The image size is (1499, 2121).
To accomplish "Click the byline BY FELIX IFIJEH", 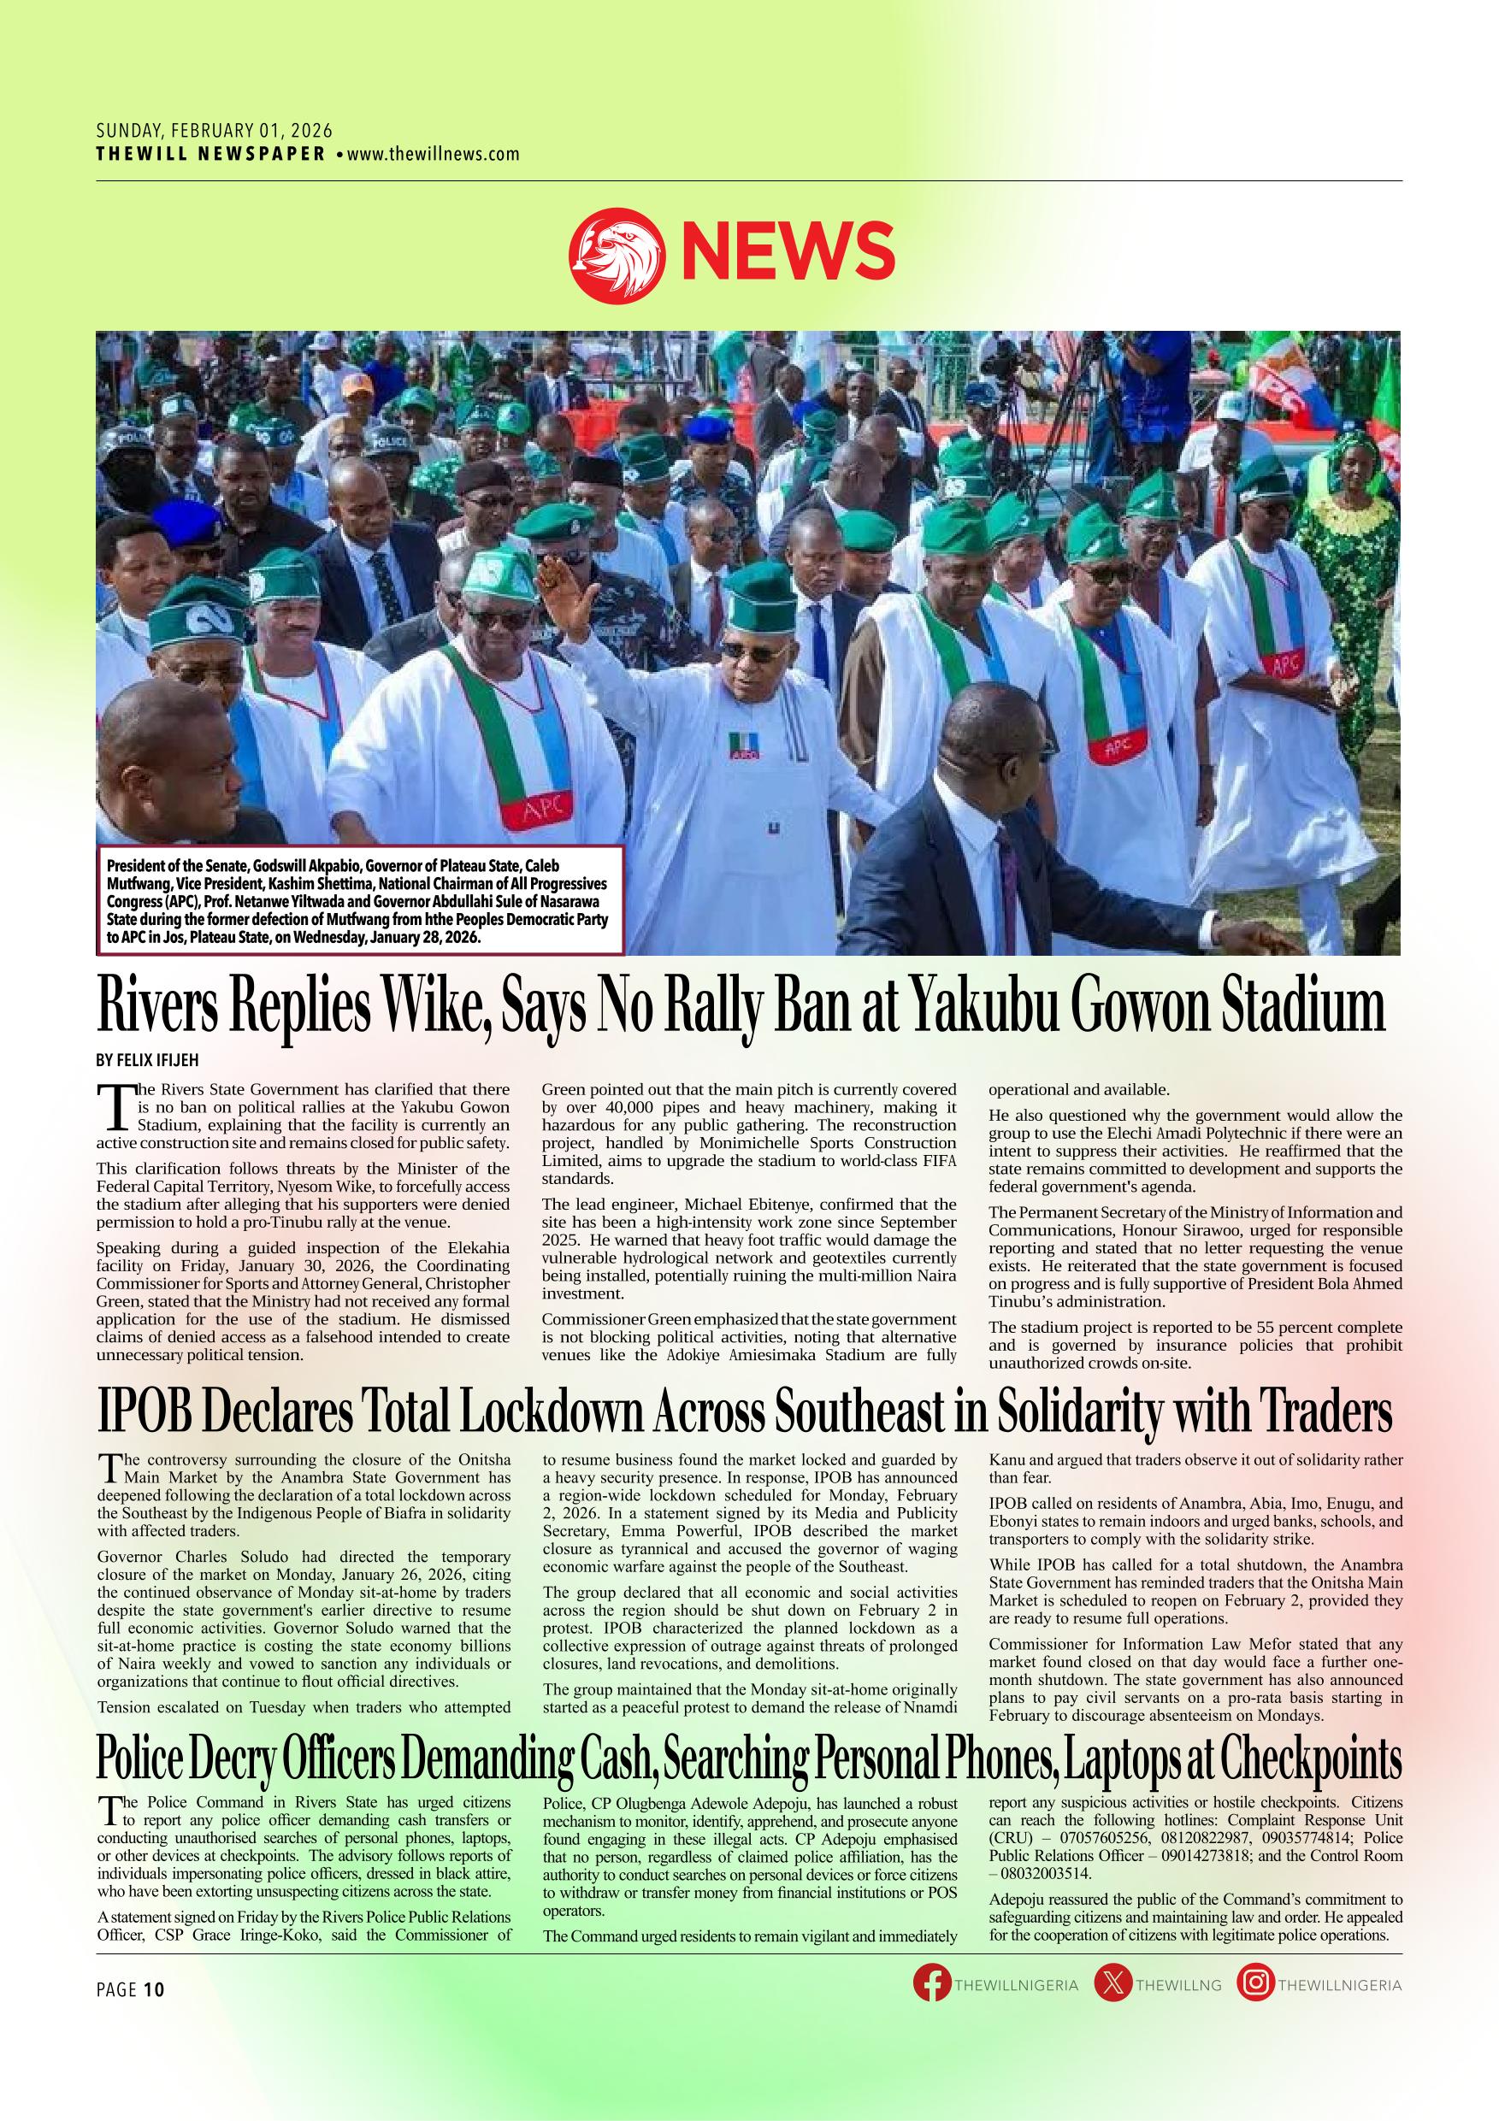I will pos(149,1060).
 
